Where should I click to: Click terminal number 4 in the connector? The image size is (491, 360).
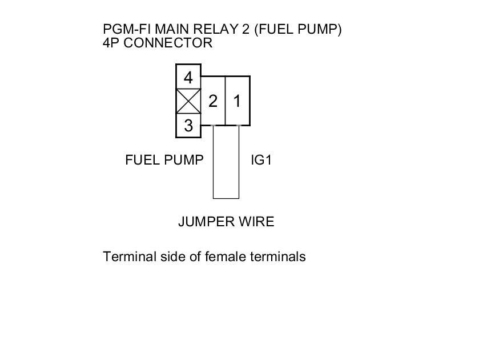point(188,77)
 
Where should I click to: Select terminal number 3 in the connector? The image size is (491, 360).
point(188,125)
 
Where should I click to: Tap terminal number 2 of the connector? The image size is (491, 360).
point(213,101)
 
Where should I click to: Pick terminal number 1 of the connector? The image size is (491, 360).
point(237,101)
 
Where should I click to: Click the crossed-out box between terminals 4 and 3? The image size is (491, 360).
point(188,101)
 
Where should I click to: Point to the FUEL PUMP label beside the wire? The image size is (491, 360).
point(164,160)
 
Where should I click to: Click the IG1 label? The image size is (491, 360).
point(261,160)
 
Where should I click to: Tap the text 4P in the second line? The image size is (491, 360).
point(111,43)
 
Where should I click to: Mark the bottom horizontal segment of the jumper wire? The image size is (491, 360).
point(226,198)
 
